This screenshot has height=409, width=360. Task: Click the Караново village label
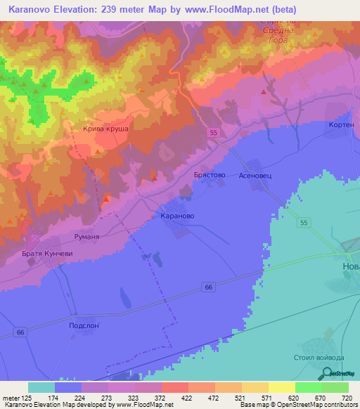(x=177, y=216)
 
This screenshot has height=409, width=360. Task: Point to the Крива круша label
(x=105, y=129)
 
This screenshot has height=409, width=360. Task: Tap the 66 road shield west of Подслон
(x=20, y=332)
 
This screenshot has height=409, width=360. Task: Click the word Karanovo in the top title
(x=32, y=10)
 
